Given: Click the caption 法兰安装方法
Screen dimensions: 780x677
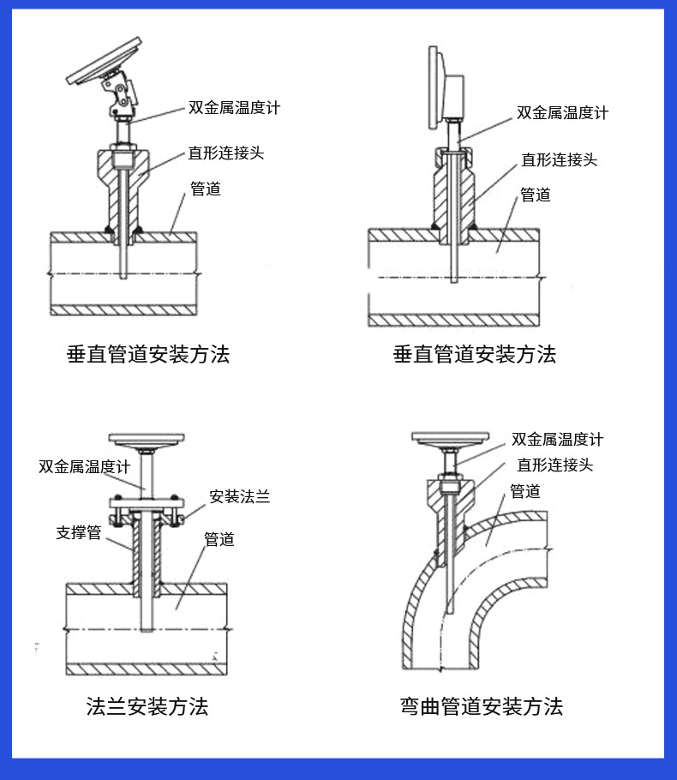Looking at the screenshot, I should click(147, 706).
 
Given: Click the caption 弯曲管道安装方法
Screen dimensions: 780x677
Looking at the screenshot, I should click(481, 706).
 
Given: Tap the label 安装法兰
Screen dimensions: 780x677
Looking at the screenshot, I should click(240, 496).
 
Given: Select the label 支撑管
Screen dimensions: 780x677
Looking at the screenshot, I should click(79, 533).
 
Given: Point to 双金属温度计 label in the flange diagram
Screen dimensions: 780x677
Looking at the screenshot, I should click(84, 468).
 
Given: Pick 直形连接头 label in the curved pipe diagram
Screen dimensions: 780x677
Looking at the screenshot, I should click(554, 465).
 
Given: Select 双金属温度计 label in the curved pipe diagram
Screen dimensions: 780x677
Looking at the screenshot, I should click(557, 440).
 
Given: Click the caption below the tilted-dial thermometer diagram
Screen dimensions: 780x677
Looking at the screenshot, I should click(147, 353).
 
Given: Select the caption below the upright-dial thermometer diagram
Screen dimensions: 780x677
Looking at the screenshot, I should click(474, 353).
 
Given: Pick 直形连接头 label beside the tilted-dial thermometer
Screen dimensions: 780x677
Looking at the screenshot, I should click(225, 153).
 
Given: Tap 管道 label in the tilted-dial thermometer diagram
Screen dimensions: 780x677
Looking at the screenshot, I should click(205, 189).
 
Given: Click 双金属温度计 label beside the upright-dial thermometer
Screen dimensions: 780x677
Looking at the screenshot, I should click(562, 112).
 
